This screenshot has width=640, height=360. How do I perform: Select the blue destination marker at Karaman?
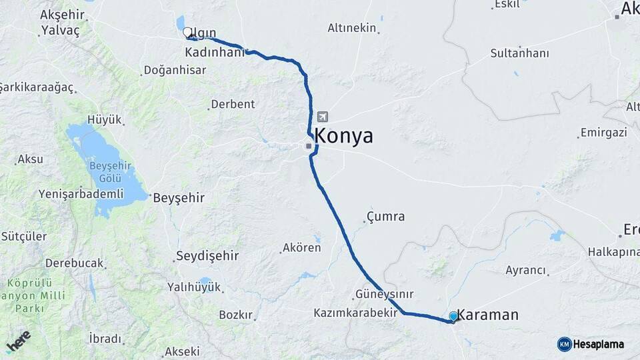(453, 316)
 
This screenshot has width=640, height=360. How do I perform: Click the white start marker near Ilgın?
(187, 31)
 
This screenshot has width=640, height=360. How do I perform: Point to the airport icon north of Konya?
(323, 117)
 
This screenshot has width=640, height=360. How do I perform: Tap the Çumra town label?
(387, 217)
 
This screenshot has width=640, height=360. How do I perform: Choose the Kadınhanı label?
(215, 52)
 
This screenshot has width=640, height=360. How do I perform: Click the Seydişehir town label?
(207, 256)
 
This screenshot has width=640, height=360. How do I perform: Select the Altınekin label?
(352, 28)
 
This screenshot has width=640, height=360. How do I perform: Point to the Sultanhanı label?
(519, 53)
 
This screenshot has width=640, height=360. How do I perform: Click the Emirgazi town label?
(603, 133)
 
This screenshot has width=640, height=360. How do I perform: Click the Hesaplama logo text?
(599, 344)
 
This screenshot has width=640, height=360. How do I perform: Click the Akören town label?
(302, 247)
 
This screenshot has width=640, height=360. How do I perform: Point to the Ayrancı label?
(526, 270)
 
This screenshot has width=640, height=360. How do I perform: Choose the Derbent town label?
(233, 104)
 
